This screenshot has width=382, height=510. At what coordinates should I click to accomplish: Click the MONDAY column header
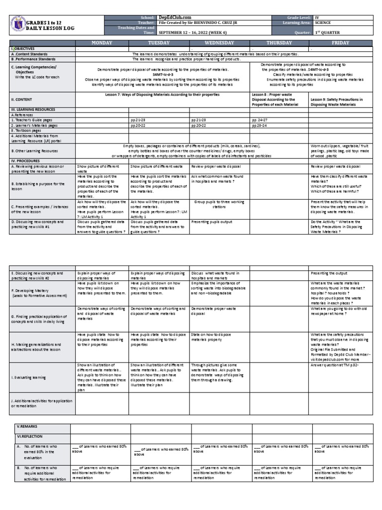click(x=101, y=43)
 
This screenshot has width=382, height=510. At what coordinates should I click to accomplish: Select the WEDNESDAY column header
click(x=219, y=43)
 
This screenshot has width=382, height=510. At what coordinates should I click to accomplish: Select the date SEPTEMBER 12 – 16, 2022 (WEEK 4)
click(x=191, y=33)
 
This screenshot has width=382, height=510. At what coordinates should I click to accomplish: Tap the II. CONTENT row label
click(x=22, y=99)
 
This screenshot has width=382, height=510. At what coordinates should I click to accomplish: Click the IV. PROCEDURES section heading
click(x=25, y=161)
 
